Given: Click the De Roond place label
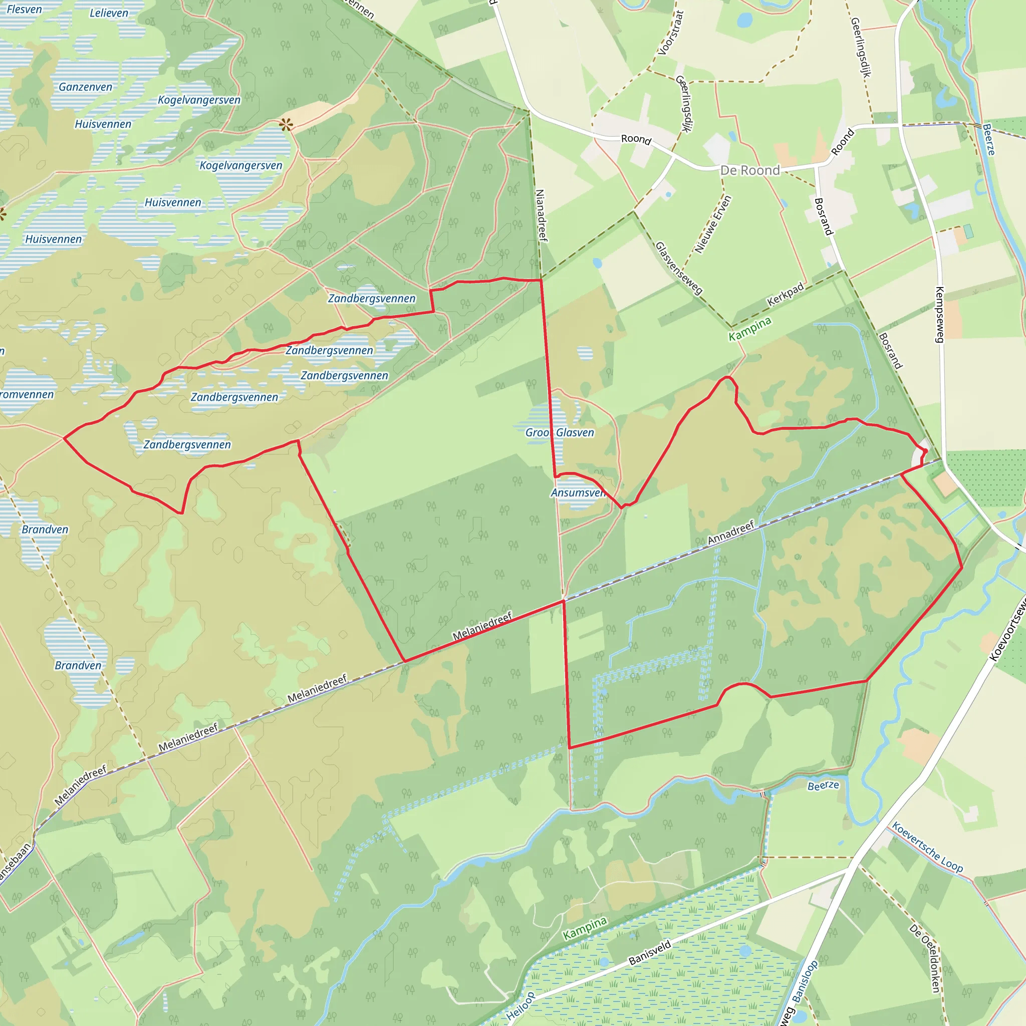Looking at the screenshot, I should pos(749,170).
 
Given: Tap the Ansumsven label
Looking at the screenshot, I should pos(578,493).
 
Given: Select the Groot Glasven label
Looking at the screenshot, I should pos(559,433).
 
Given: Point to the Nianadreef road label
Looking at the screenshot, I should pos(541,215).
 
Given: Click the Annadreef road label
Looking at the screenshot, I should pos(731,533).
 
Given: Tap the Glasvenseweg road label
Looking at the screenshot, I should pos(679,268).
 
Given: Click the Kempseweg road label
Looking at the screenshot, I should pos(939,315).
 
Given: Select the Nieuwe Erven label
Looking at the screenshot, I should pos(713,224).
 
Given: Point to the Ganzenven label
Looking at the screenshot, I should pos(86,87).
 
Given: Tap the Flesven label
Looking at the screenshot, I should pos(24,10).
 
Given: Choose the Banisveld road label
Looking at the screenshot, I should pos(650,952).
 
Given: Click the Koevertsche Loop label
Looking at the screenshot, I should pos(927,847).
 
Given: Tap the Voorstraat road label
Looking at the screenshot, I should pos(670,33).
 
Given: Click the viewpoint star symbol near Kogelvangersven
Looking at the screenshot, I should pos(286,125).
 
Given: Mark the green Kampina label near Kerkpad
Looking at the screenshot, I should pos(749,329).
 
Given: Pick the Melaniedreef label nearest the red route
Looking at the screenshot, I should pos(482,626).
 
